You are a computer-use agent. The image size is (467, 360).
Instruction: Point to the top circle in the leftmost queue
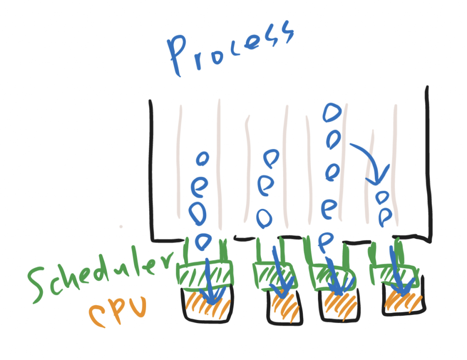tap(202, 158)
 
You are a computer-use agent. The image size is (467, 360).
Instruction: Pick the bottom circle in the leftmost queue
tap(203, 240)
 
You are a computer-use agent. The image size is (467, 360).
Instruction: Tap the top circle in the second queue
tap(272, 157)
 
